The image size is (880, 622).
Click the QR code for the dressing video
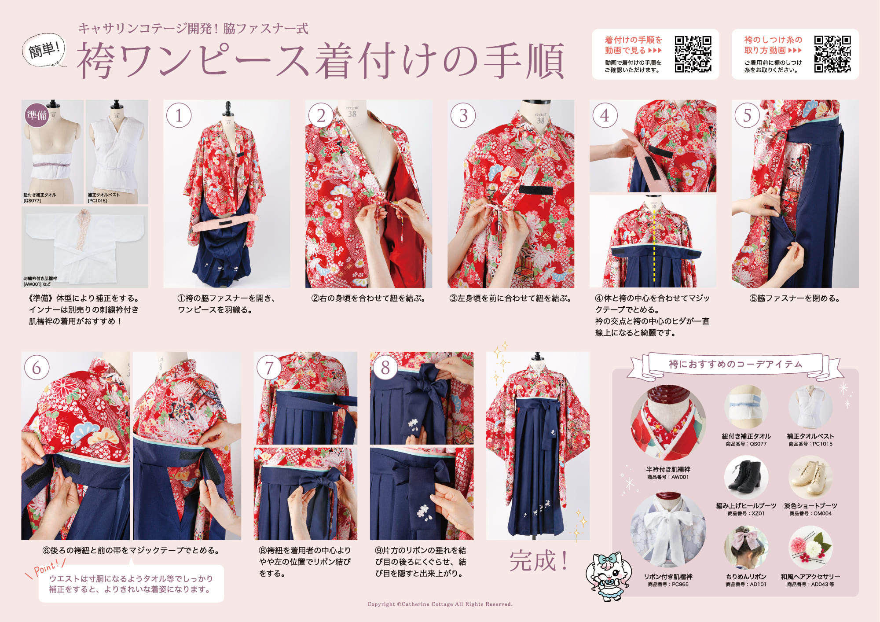click(693, 54)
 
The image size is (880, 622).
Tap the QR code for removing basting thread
click(832, 54)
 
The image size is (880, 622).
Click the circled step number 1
click(179, 115)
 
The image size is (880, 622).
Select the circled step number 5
click(747, 115)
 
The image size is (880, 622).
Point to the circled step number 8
click(385, 368)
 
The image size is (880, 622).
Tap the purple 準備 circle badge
click(37, 115)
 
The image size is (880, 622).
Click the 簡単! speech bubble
click(44, 50)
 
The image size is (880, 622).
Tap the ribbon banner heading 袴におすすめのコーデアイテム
click(735, 364)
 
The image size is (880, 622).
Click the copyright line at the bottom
click(440, 604)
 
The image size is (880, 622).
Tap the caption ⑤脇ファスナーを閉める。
click(795, 298)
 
